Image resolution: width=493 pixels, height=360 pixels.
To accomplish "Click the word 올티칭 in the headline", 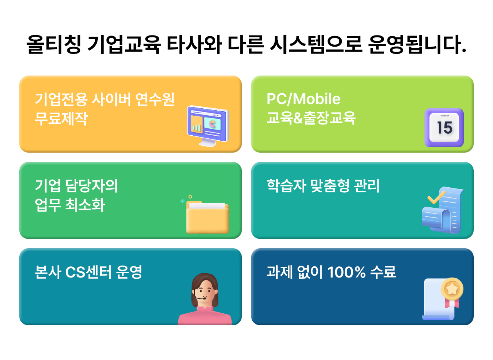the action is pyautogui.click(x=54, y=44).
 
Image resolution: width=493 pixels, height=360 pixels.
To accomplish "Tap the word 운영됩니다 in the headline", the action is pyautogui.click(x=417, y=44).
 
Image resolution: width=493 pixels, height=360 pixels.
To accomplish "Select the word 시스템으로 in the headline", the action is pyautogui.click(x=316, y=44).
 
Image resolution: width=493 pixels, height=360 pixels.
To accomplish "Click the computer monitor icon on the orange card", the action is pyautogui.click(x=208, y=126).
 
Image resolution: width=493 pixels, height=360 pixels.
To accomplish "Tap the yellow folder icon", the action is pyautogui.click(x=207, y=217).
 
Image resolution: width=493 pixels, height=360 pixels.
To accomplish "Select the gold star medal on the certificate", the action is pyautogui.click(x=452, y=289).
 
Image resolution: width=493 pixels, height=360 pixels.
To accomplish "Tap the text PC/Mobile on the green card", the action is pyautogui.click(x=304, y=99).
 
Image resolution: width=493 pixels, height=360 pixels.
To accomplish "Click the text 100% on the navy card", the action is pyautogui.click(x=346, y=272).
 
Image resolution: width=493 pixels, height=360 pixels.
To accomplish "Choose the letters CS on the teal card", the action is pyautogui.click(x=75, y=272).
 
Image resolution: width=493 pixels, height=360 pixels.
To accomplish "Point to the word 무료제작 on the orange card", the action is pyautogui.click(x=61, y=119).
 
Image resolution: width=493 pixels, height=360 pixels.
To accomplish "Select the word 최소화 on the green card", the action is pyautogui.click(x=85, y=205).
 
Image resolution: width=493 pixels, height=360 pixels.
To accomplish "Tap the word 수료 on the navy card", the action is pyautogui.click(x=383, y=272).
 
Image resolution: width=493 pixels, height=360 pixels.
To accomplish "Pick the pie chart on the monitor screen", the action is pyautogui.click(x=212, y=124).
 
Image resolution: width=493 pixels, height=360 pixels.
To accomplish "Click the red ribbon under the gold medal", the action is pyautogui.click(x=452, y=304).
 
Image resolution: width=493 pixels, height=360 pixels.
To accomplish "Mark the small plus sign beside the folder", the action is pyautogui.click(x=183, y=201).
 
